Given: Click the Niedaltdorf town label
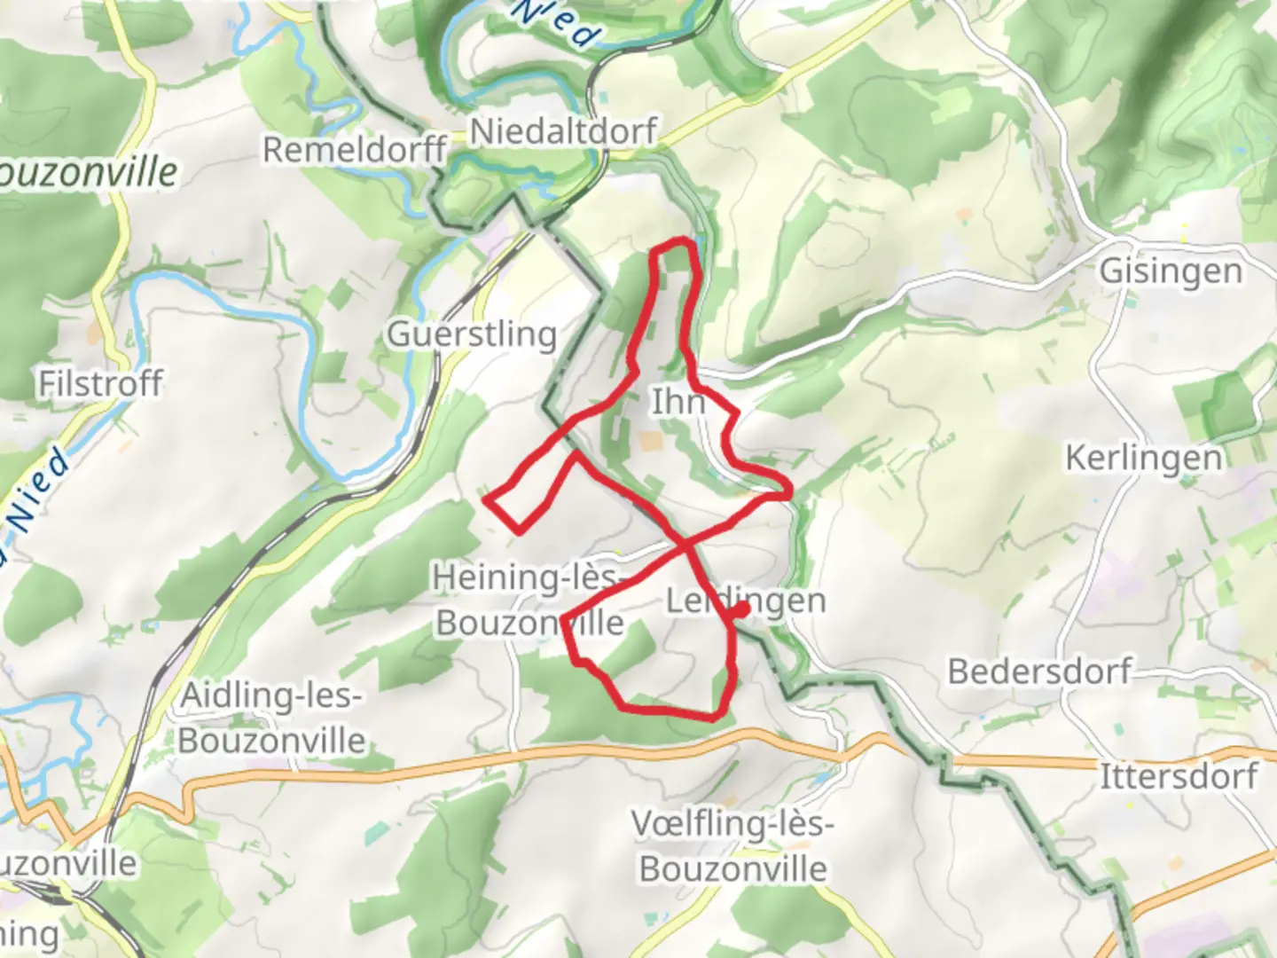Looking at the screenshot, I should click(x=563, y=131).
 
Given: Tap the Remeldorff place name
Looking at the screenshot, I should click(x=354, y=149).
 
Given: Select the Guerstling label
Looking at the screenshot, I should click(x=472, y=334).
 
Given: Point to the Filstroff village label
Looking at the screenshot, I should click(x=100, y=384).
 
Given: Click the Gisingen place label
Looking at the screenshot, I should click(x=1171, y=271).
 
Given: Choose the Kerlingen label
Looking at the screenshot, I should click(x=1144, y=458).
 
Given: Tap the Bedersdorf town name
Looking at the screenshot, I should click(x=1039, y=671).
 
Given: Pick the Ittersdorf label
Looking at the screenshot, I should click(x=1179, y=776).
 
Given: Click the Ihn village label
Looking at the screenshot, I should click(x=678, y=402).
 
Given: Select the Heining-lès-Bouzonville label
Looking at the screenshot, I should click(x=529, y=601).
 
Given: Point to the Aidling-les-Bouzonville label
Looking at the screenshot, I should click(x=271, y=718).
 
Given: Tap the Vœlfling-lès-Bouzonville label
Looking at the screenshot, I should click(x=733, y=846).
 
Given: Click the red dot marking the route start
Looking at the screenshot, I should click(x=740, y=609).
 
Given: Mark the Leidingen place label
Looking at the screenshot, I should click(x=746, y=601).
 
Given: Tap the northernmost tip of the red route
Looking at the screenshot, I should click(x=679, y=240).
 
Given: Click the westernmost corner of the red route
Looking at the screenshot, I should click(x=486, y=500).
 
